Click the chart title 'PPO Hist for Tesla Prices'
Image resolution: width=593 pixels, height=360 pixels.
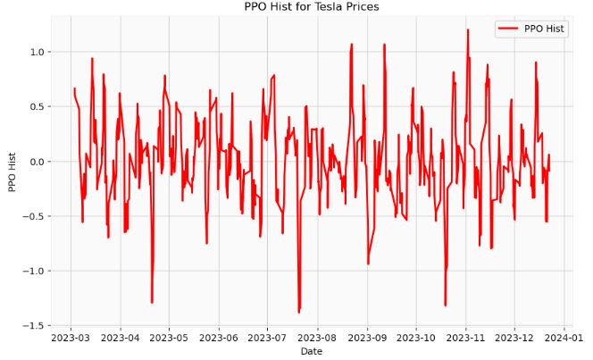tap(311, 7)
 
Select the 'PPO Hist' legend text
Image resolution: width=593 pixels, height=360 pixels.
tap(544, 29)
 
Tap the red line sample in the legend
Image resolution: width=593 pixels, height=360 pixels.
tap(507, 29)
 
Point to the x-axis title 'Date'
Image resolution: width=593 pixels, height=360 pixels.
tap(311, 352)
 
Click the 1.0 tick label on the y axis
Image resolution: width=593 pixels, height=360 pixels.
tap(35, 53)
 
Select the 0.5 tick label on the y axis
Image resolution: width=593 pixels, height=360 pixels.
tap(35, 107)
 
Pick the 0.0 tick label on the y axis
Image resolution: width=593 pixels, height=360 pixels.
tap(35, 162)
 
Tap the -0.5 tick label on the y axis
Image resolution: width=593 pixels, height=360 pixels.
tap(32, 216)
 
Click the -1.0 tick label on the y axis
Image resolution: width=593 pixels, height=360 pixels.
tap(32, 272)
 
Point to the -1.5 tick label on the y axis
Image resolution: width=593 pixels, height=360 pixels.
tap(32, 326)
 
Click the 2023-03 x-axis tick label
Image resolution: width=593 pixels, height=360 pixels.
tap(71, 338)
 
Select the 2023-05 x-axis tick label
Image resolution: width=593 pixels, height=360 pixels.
tap(168, 338)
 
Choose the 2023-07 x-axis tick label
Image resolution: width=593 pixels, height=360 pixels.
tap(266, 338)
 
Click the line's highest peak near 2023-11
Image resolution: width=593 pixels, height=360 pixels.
tap(467, 30)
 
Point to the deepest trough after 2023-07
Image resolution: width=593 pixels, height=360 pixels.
tap(299, 312)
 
